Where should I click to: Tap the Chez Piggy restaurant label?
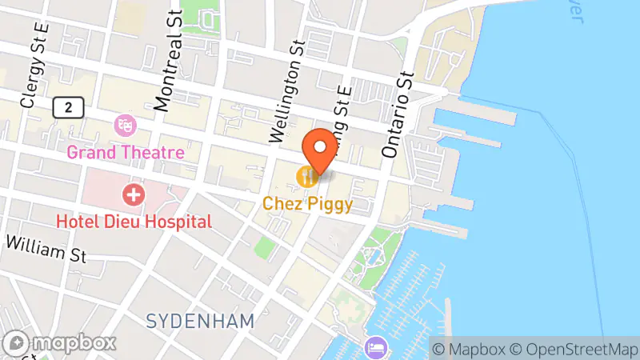(308, 204)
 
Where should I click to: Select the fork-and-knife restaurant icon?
(306, 177)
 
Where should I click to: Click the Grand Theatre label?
(126, 152)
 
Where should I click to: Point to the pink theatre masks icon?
(124, 125)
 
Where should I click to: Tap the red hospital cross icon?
(133, 194)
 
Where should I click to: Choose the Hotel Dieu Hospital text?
(134, 221)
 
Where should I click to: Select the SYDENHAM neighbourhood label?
(200, 321)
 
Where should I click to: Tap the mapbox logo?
(59, 343)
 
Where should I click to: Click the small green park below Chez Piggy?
(263, 247)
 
